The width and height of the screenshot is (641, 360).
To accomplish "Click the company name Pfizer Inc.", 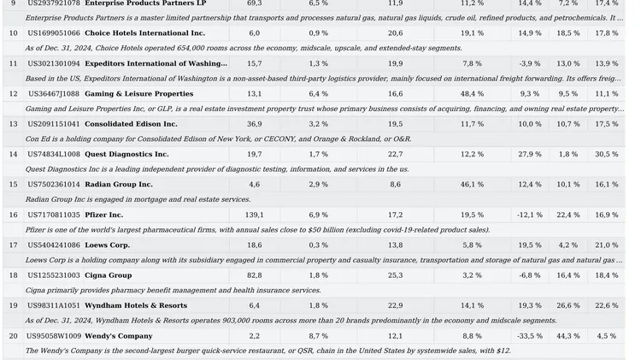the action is click(103, 215).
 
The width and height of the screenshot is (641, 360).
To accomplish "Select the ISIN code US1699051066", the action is click(54, 33).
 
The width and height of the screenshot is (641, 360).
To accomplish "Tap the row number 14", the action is click(13, 154).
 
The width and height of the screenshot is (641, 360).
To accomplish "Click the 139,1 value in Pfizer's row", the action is click(255, 215).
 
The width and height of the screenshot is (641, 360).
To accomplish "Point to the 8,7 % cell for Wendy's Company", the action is click(319, 336).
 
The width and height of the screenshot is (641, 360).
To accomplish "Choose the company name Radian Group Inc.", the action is click(119, 185).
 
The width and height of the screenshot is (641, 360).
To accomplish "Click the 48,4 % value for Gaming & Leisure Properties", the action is click(472, 94).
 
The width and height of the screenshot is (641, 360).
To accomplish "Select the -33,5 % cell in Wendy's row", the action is click(530, 336).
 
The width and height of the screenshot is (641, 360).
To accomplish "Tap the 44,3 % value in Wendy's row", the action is click(568, 336).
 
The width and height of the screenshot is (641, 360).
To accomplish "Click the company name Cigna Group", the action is click(109, 275).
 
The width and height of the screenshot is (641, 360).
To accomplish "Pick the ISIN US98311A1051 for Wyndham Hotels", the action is click(54, 305).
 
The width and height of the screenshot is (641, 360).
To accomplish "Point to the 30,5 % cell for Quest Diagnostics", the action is click(607, 154).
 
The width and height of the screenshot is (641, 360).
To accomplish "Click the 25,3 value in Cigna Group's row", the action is click(396, 275).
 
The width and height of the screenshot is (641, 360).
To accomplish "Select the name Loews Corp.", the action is click(107, 245).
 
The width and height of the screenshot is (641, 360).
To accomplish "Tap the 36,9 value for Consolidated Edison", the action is click(255, 124).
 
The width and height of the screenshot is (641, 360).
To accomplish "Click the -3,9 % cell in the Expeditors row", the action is click(530, 63).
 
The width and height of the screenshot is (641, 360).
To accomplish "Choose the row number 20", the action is click(13, 336).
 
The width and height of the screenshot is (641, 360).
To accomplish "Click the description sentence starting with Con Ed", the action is click(218, 139).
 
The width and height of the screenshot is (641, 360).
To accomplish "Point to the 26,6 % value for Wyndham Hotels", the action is click(568, 305).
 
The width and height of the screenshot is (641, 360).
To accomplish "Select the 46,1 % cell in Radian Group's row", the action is click(472, 185).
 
